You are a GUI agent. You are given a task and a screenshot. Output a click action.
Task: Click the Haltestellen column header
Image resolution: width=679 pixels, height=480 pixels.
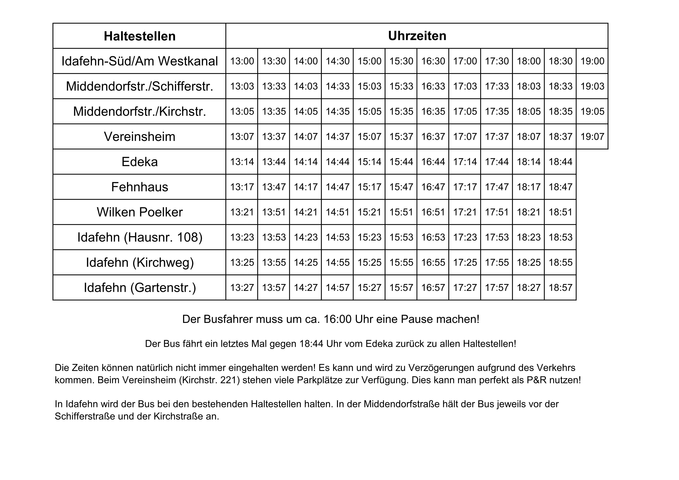tap(140, 36)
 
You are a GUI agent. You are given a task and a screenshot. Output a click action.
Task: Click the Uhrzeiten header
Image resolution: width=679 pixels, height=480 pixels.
tap(417, 36)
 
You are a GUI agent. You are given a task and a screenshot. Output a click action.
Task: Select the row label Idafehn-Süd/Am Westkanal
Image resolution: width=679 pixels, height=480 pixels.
tap(140, 61)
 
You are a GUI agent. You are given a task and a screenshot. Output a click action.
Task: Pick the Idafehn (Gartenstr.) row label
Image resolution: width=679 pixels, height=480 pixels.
tap(140, 287)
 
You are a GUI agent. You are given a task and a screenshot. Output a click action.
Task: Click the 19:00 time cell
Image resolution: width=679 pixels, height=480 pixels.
tap(592, 61)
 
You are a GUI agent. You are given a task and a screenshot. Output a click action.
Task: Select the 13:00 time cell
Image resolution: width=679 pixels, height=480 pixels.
tap(242, 61)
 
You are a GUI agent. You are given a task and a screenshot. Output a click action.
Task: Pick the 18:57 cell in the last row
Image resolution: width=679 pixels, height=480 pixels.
tap(560, 287)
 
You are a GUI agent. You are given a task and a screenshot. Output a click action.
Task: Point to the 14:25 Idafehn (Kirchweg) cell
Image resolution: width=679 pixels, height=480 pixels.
tap(305, 262)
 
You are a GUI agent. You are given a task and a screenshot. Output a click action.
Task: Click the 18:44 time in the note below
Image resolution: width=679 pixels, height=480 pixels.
tap(311, 344)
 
